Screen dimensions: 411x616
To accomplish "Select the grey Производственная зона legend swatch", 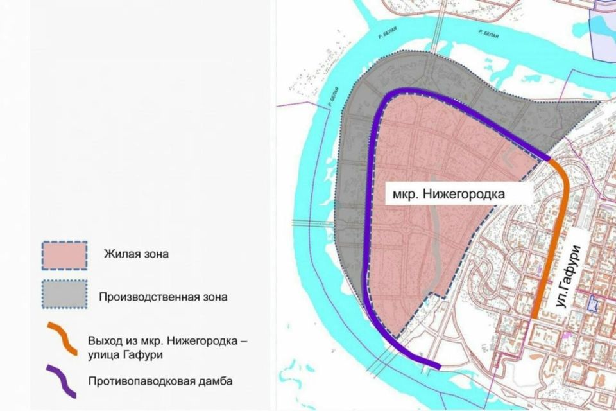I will [x=64, y=295].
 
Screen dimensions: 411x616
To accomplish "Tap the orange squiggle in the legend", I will [x=62, y=339].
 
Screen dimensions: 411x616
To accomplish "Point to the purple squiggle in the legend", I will [x=62, y=381].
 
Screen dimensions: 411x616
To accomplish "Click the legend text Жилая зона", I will [x=136, y=254].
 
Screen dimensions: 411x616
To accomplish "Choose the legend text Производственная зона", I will [x=164, y=297].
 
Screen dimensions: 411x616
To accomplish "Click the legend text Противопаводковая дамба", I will [x=160, y=381].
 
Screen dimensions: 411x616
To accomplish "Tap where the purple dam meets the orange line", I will [x=549, y=159].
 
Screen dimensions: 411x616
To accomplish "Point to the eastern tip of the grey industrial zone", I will [x=600, y=101].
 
